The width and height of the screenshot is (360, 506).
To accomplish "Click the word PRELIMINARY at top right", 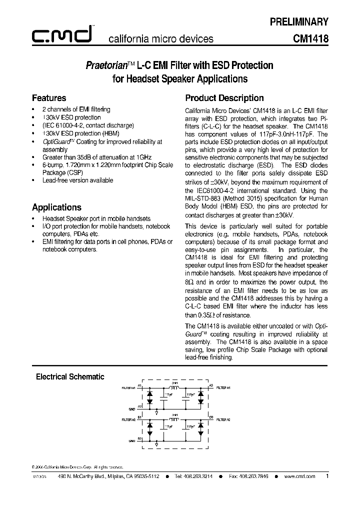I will [x=299, y=21].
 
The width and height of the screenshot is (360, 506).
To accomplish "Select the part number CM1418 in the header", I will [x=311, y=38].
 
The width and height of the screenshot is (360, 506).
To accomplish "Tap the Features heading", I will [x=49, y=98].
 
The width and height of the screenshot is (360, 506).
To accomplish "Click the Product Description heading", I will [x=224, y=98].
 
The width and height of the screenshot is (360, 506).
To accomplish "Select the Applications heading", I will [x=56, y=207].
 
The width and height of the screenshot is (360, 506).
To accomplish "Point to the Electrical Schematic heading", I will [x=70, y=376].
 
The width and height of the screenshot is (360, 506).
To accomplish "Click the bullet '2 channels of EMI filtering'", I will [x=76, y=109].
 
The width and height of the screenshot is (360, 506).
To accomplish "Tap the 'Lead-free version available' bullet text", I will [x=77, y=180].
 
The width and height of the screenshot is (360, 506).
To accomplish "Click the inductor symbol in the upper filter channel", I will [x=174, y=387].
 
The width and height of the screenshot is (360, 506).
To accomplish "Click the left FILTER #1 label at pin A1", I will [x=128, y=387].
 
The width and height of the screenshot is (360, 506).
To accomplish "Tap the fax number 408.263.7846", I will [x=252, y=477].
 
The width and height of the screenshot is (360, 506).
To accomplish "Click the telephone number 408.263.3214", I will [x=197, y=477].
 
